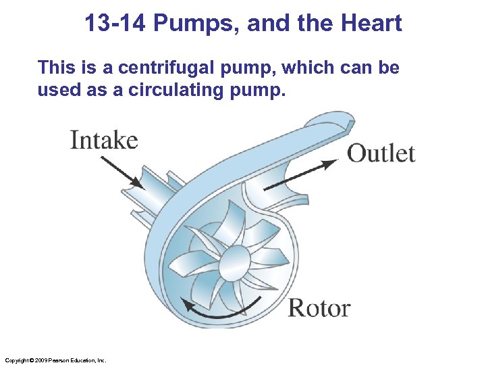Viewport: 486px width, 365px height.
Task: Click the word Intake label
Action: [104, 140]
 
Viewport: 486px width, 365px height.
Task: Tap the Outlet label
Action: [381, 153]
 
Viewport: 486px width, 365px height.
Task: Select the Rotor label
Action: [319, 308]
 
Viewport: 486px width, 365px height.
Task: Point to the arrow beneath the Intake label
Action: [122, 172]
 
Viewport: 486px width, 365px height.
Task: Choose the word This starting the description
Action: [56, 68]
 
